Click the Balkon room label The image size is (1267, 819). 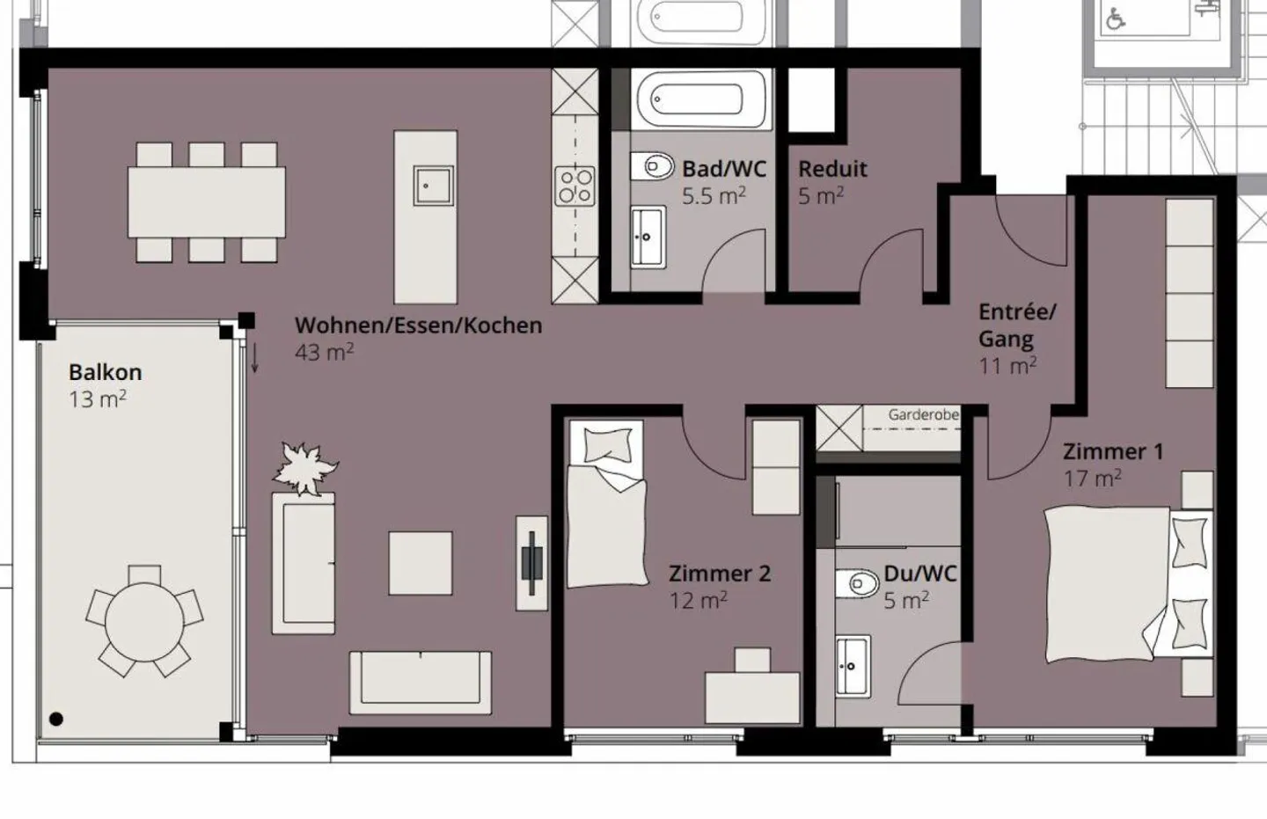(x=106, y=372)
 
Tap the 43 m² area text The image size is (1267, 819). (x=324, y=352)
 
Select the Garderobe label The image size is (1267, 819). (x=923, y=414)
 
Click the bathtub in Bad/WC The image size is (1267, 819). (x=701, y=99)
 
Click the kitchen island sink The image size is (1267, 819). (x=433, y=186)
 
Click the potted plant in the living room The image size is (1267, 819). (x=304, y=468)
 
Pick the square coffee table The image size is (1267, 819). (x=421, y=563)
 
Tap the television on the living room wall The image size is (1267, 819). (x=531, y=563)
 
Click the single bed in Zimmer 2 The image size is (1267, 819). (x=607, y=504)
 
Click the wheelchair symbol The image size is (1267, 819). (x=1115, y=20)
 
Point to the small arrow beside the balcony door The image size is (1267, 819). (x=254, y=358)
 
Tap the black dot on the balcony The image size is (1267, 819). (x=56, y=719)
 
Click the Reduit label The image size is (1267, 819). (x=832, y=169)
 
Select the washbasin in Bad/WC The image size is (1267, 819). (x=648, y=237)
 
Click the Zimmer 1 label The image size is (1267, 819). (x=1113, y=451)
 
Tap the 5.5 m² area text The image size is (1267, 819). (x=714, y=195)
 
